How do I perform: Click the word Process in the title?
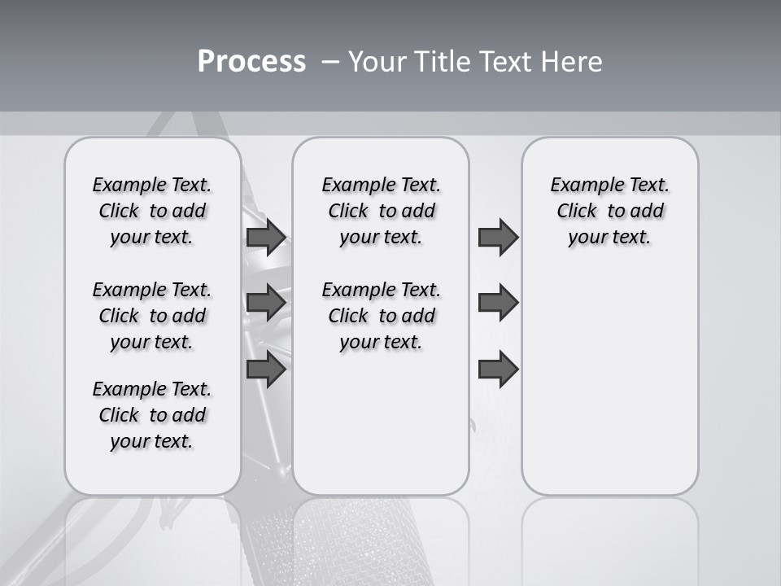point(251,62)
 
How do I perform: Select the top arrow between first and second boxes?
point(266,237)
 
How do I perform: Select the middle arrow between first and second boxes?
point(266,303)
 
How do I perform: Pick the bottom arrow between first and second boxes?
point(266,370)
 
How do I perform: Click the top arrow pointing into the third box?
point(498,237)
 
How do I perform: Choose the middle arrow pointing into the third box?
point(498,303)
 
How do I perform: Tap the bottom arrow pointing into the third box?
point(498,370)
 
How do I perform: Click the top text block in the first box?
point(152,211)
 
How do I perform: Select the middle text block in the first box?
point(152,316)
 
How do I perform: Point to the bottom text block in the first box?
point(152,415)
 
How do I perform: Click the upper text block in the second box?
point(381,211)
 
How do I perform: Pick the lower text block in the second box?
point(381,316)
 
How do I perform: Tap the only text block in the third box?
point(609,211)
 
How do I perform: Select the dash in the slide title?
point(329,63)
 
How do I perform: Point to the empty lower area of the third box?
point(609,391)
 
